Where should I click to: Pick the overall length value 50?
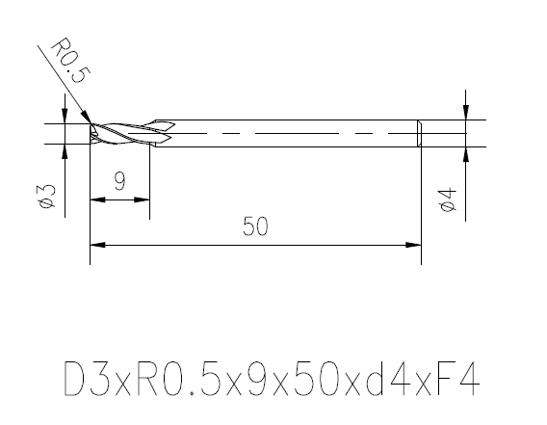254,227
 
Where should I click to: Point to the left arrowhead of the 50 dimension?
95,245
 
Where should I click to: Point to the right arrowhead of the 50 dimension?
415,245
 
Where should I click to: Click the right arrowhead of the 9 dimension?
144,199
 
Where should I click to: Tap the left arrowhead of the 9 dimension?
95,199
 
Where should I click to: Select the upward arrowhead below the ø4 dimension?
465,152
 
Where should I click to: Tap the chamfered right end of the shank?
419,134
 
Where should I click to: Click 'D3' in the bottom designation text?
85,380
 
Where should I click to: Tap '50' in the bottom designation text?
315,380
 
